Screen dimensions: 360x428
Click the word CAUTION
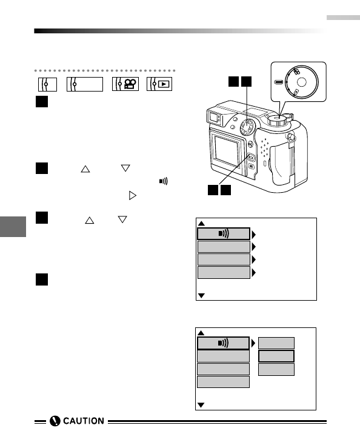point(84,421)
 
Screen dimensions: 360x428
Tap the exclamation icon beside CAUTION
point(55,421)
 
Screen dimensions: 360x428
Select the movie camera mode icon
point(125,84)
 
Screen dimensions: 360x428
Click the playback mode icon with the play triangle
point(159,84)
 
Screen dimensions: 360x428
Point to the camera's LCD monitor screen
point(226,151)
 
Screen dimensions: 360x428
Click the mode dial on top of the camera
point(277,120)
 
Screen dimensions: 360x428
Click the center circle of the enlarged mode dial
point(302,82)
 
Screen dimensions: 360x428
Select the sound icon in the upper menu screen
point(224,233)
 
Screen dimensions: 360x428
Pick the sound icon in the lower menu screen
point(223,343)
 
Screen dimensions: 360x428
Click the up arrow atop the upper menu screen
point(201,224)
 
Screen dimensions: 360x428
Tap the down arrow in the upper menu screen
point(201,296)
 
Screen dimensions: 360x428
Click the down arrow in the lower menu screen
point(201,405)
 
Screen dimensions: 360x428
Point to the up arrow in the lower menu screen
point(201,333)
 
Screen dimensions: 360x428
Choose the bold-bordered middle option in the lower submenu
point(276,356)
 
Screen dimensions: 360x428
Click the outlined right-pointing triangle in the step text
point(132,195)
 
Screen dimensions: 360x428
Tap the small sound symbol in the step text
point(163,181)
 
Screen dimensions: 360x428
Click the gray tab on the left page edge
point(13,227)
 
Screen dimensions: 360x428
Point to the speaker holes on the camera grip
point(264,148)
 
